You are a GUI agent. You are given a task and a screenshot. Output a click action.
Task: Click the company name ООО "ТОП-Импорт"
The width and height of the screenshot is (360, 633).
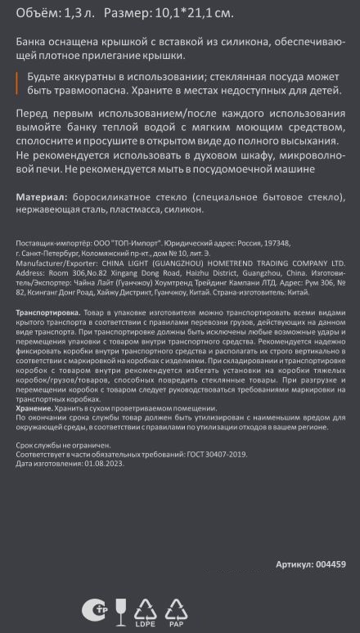click(x=127, y=244)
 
